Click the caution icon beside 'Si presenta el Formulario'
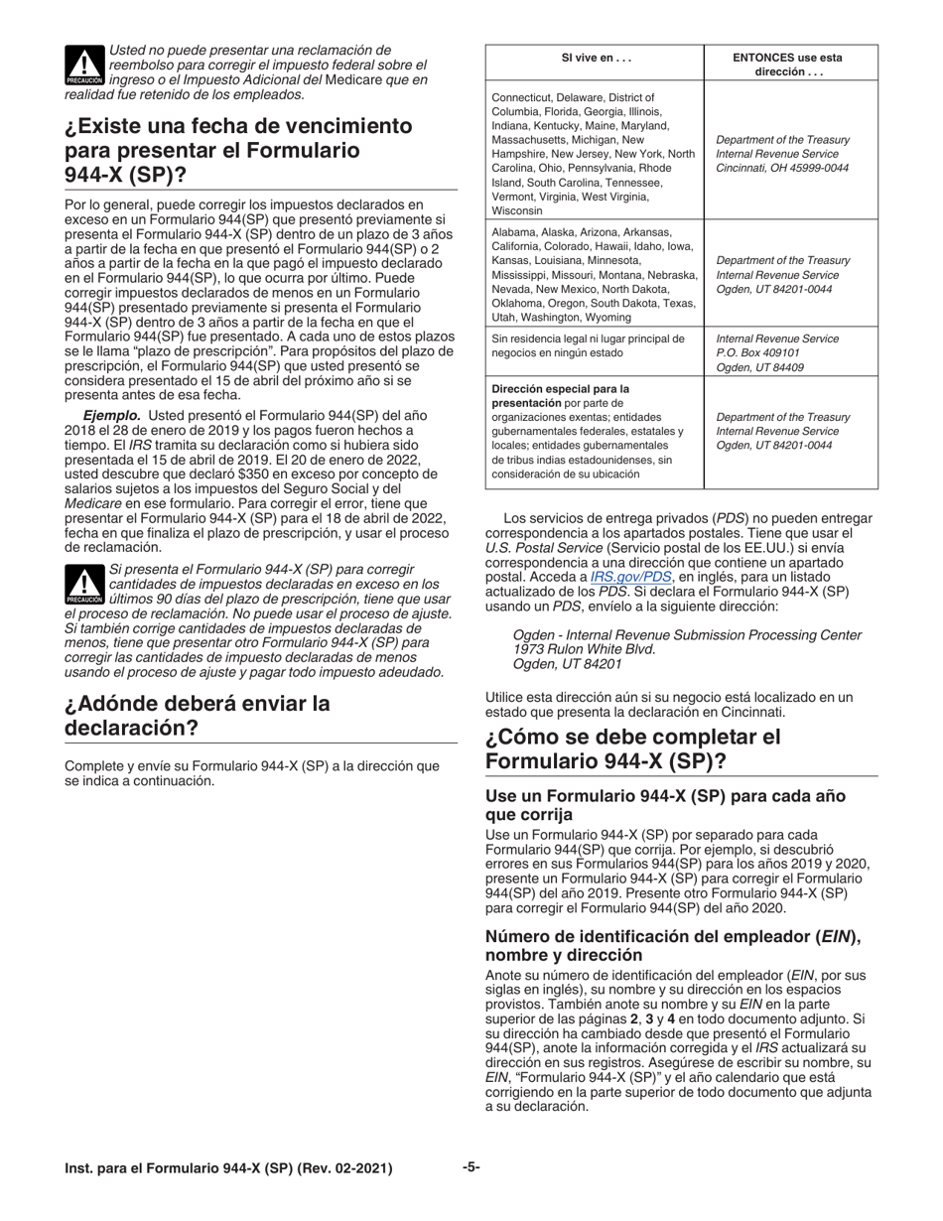coord(83,585)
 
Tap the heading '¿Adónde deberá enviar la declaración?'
coord(197,716)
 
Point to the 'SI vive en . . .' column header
coord(595,59)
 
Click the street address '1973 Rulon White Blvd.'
coord(584,649)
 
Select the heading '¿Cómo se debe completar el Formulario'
coord(633,749)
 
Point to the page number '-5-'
coord(471,1167)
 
